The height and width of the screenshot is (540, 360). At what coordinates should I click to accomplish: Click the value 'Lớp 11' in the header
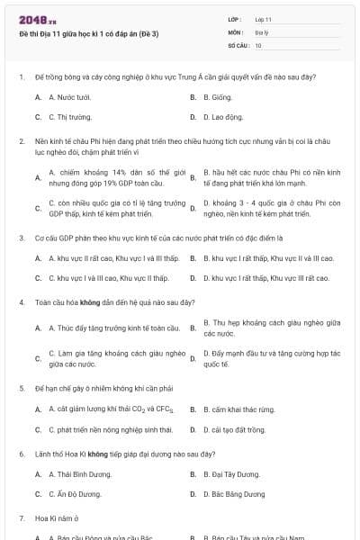(263, 18)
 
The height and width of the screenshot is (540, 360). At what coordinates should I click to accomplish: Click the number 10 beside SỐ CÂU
(258, 44)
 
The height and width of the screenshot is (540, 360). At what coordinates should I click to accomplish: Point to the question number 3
(21, 238)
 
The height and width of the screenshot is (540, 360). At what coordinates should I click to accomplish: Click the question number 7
(21, 518)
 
